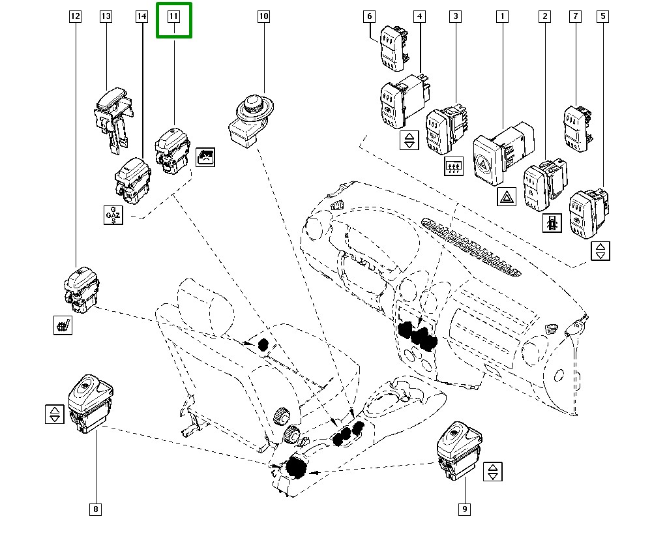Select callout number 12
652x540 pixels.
(x=76, y=17)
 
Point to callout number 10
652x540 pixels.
(x=263, y=17)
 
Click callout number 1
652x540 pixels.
(x=502, y=17)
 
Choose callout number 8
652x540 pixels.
(x=95, y=509)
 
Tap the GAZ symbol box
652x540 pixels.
(x=113, y=215)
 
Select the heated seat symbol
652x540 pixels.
(x=63, y=324)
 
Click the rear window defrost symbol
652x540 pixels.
(x=452, y=166)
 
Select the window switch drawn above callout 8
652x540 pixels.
(x=89, y=403)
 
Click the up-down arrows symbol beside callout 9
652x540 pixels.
(x=494, y=472)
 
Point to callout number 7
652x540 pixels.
(x=574, y=17)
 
